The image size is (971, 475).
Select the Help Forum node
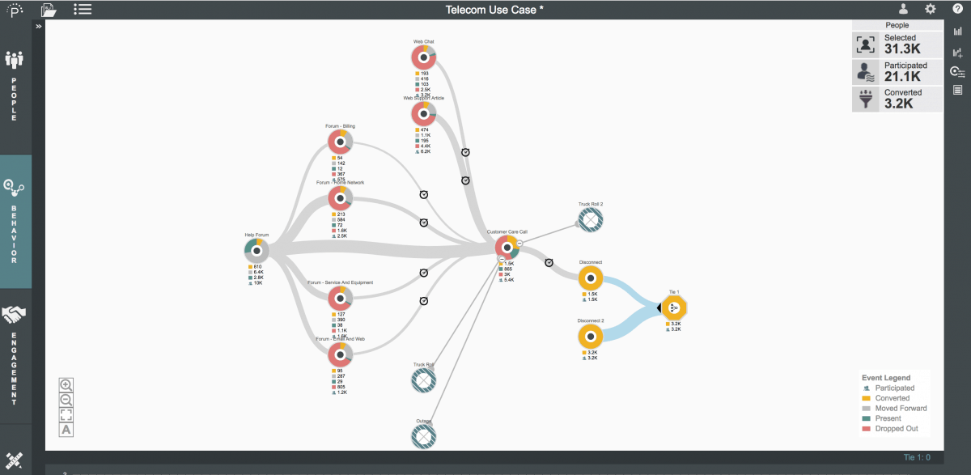click(257, 248)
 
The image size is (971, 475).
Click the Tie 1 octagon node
click(673, 307)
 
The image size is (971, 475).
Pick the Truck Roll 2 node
click(591, 219)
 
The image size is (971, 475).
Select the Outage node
click(423, 437)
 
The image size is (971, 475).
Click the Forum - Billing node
click(341, 142)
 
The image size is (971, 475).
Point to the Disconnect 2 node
click(591, 337)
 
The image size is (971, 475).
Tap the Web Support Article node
click(423, 114)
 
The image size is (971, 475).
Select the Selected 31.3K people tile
click(897, 44)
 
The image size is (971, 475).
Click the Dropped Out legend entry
click(895, 429)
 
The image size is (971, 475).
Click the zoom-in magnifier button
click(66, 384)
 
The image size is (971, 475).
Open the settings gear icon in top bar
click(931, 9)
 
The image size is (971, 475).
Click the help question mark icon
click(957, 9)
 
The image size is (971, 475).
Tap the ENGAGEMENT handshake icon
click(15, 315)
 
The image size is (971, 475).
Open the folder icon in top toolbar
click(49, 10)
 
